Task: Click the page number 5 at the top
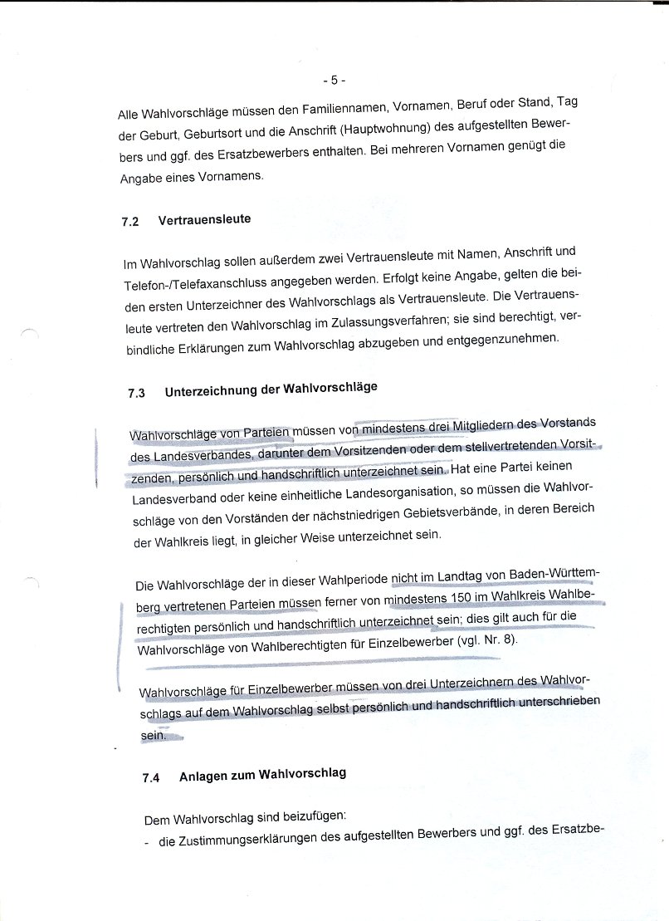click(x=334, y=81)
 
